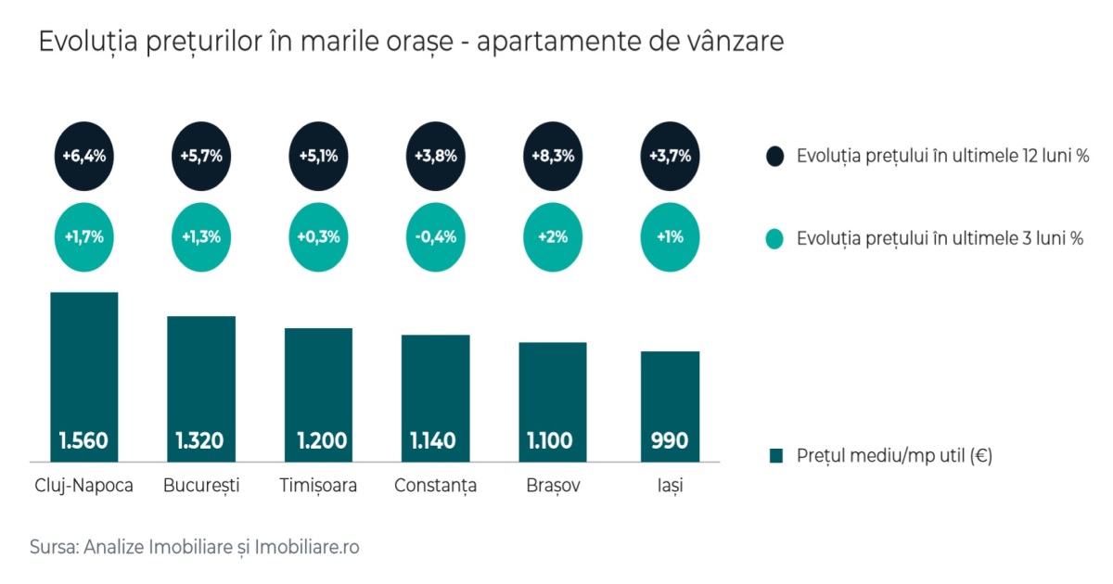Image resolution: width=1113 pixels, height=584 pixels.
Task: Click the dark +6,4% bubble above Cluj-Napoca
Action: pyautogui.click(x=83, y=156)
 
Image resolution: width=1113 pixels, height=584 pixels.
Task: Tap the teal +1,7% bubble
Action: pyautogui.click(x=83, y=236)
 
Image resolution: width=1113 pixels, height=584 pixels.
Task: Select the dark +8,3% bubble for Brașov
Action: pyautogui.click(x=554, y=156)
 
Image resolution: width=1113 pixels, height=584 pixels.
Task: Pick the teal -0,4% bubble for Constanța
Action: pyautogui.click(x=435, y=236)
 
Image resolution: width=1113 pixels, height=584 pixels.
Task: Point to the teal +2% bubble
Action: pyautogui.click(x=554, y=236)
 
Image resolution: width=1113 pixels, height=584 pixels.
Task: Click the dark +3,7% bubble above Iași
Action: pyautogui.click(x=670, y=156)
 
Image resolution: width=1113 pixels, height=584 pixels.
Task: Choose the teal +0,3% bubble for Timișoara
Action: pyautogui.click(x=318, y=236)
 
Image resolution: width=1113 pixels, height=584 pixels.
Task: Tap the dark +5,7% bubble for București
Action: pyautogui.click(x=201, y=156)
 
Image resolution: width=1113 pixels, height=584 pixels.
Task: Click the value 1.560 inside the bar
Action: pyautogui.click(x=83, y=440)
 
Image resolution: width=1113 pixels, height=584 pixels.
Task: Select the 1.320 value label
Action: pyautogui.click(x=200, y=440)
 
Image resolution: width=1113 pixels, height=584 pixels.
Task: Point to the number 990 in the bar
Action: pyautogui.click(x=670, y=440)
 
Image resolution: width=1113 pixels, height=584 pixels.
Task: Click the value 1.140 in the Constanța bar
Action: pyautogui.click(x=435, y=440)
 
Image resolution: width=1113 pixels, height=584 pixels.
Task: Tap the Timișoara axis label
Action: pyautogui.click(x=318, y=486)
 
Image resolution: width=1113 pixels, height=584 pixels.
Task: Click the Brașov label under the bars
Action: pyautogui.click(x=553, y=486)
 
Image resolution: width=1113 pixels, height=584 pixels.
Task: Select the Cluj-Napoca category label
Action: pyautogui.click(x=83, y=486)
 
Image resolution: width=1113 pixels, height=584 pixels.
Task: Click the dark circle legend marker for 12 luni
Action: pyautogui.click(x=775, y=156)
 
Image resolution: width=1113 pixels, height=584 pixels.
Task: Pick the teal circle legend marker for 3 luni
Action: pyautogui.click(x=775, y=238)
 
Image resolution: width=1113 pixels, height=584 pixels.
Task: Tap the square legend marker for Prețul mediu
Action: pyautogui.click(x=776, y=456)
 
